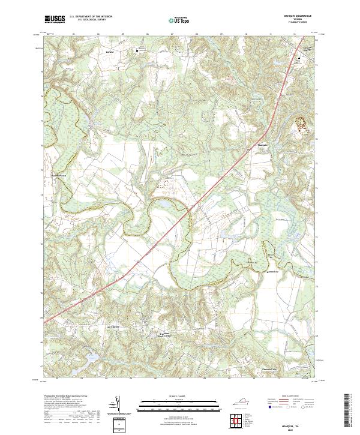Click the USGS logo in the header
click(55, 19)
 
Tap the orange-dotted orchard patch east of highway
click(301, 124)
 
